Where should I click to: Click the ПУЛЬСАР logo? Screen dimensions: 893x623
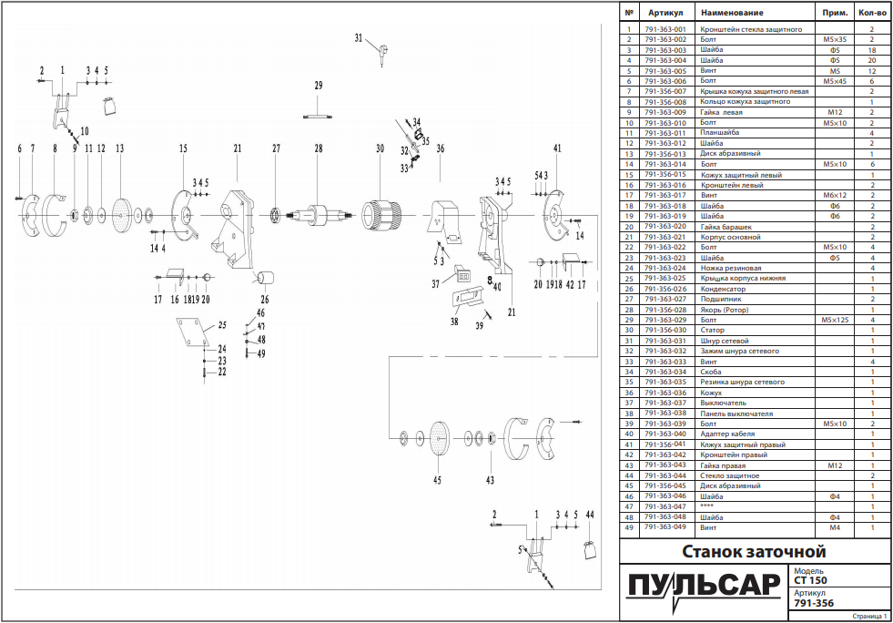click(x=703, y=588)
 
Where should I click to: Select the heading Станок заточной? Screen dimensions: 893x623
click(x=754, y=552)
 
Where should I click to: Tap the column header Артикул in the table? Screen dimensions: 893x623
click(x=665, y=13)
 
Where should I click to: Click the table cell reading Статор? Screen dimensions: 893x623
click(x=713, y=330)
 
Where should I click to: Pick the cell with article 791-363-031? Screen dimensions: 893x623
click(x=665, y=341)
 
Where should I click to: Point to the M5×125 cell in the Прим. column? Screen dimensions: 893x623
click(x=835, y=320)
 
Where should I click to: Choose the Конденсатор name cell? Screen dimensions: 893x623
click(x=724, y=289)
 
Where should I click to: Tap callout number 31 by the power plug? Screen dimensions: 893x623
click(x=359, y=38)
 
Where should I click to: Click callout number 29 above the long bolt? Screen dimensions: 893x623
click(x=319, y=86)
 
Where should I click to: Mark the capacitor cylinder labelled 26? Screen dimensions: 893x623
click(x=266, y=278)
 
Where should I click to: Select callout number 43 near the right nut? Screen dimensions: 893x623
click(x=491, y=480)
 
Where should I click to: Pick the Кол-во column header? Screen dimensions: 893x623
click(x=871, y=13)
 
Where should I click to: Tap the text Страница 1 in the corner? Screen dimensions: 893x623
click(x=869, y=616)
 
